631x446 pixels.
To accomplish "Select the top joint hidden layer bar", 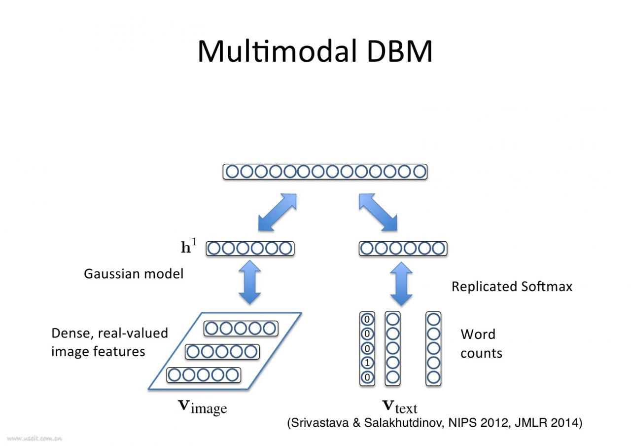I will pos(325,172).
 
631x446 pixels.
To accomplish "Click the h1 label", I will pos(188,247).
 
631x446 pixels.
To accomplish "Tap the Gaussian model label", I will pos(133,274).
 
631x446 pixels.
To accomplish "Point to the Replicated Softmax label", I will pos(512,287).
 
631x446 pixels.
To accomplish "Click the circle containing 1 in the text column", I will pos(367,363).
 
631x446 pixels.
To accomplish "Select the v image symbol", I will pos(202,407).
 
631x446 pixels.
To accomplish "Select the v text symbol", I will pos(400,407).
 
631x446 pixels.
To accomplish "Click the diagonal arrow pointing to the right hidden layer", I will pos(378,212).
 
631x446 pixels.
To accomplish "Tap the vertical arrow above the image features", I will pos(249,283).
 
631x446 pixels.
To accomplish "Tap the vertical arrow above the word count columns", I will pos(401,284).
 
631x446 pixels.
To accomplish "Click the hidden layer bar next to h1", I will pos(250,249).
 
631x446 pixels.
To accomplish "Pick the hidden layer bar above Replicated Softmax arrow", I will pos(403,249).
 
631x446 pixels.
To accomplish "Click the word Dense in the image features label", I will pos(70,334).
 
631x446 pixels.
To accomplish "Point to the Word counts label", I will pos(481,343).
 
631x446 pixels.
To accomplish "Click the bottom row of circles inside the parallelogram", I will pos(203,375).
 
